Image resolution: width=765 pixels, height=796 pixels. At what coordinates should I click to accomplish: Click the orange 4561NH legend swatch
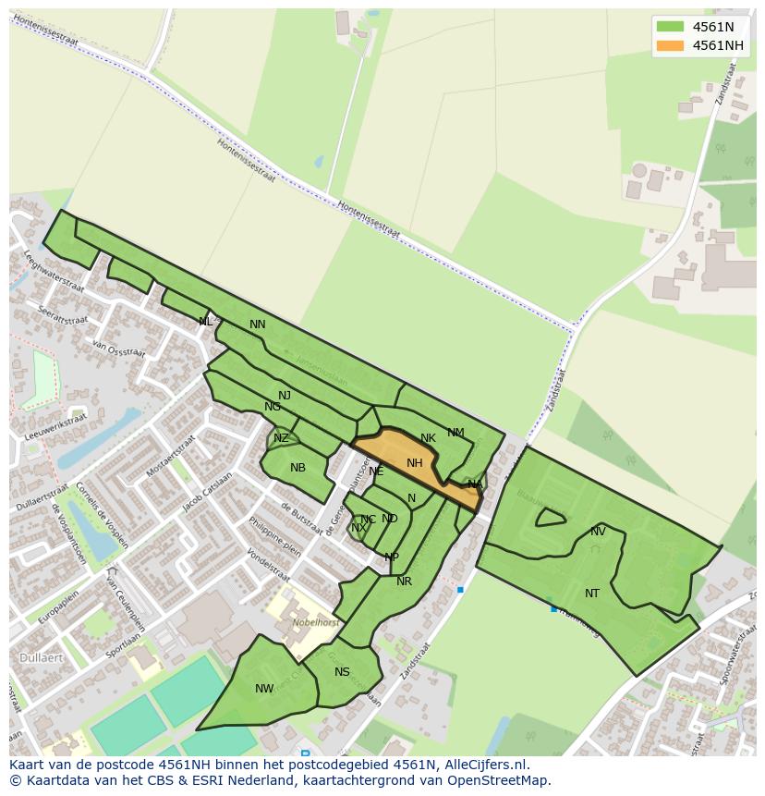[671, 45]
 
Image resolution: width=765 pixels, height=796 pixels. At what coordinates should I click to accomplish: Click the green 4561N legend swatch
[671, 27]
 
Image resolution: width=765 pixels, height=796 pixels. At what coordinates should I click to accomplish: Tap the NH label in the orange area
[414, 463]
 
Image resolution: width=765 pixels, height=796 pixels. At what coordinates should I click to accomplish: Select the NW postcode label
[264, 689]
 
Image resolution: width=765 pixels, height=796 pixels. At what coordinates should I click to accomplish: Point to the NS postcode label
[343, 672]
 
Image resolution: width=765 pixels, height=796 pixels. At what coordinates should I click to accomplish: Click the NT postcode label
[592, 594]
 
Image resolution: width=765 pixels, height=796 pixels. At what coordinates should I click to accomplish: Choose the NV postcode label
[598, 532]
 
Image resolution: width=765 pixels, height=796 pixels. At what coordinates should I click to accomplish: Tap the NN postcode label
[258, 325]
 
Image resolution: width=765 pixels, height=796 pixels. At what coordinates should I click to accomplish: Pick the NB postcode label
[297, 468]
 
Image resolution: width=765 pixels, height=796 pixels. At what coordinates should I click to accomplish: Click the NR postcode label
[404, 582]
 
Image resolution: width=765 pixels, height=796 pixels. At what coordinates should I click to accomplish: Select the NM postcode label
[455, 433]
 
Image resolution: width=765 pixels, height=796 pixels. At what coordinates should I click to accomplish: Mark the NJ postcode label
[285, 396]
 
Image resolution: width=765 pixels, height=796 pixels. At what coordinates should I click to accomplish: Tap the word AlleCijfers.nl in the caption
[485, 765]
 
